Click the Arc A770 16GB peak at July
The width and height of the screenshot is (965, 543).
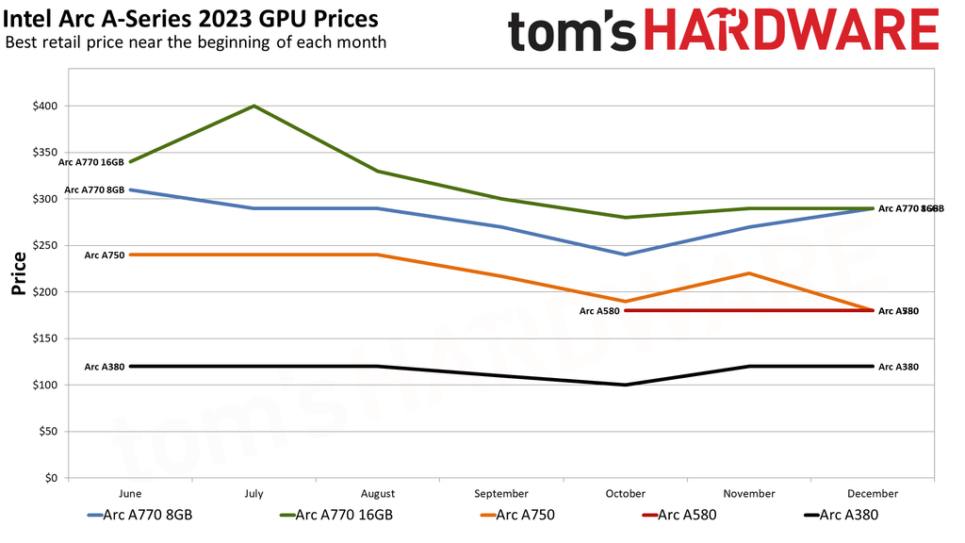[254, 106]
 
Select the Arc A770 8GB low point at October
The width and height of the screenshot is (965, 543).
[626, 255]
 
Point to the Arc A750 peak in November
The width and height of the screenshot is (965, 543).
[749, 273]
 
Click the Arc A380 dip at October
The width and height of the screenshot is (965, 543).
[626, 385]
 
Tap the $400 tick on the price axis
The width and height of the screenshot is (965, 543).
[44, 106]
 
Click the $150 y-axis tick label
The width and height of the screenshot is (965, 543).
[44, 338]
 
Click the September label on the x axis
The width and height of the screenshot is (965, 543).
[501, 494]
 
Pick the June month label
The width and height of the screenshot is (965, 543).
[131, 494]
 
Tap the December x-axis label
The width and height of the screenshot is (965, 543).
[873, 494]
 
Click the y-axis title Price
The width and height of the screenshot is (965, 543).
[18, 273]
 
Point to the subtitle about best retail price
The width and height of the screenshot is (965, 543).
[195, 41]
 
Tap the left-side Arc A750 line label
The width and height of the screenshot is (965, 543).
[104, 255]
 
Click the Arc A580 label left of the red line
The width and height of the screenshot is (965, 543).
[599, 310]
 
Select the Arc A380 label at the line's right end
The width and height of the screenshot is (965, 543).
[898, 367]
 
